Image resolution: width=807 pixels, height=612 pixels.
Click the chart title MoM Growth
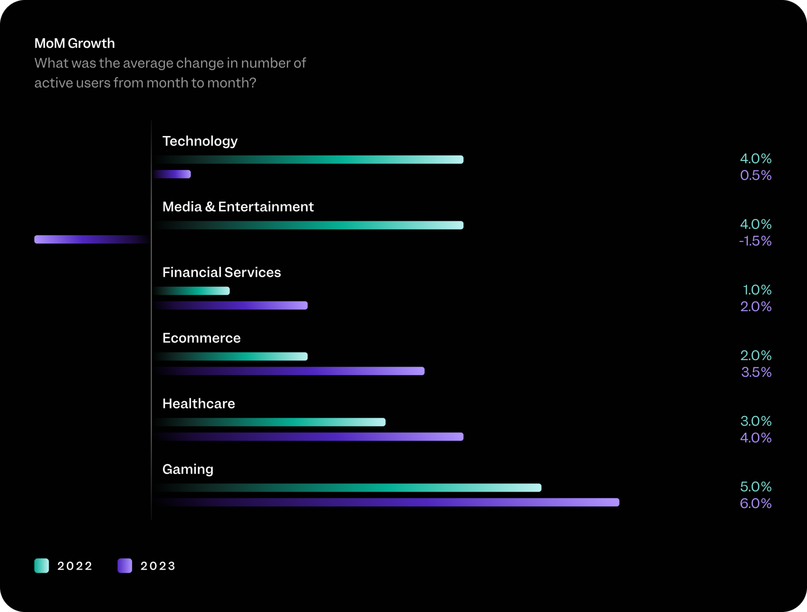click(x=74, y=43)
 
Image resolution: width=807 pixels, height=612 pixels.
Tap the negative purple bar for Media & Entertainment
click(x=91, y=239)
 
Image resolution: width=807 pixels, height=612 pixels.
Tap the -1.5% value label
click(x=755, y=241)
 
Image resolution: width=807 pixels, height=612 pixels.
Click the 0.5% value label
click(x=755, y=175)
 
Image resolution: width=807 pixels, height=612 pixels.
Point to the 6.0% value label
click(x=755, y=503)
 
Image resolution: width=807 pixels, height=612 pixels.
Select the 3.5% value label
click(x=756, y=372)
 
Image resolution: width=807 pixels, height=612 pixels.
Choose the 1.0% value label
click(x=757, y=290)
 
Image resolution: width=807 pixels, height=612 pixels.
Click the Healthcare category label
click(x=198, y=404)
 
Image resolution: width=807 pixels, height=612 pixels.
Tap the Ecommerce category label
click(x=201, y=338)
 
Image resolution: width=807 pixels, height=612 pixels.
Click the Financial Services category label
click(x=221, y=272)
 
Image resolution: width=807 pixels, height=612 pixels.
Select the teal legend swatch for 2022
click(x=42, y=565)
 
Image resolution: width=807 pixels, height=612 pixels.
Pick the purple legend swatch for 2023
click(x=125, y=565)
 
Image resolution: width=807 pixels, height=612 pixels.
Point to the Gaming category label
click(x=188, y=469)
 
